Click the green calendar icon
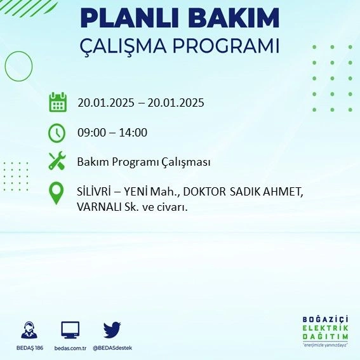[x=58, y=102]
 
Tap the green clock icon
[x=57, y=133]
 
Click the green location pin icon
[x=57, y=193]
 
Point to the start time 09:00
[x=91, y=133]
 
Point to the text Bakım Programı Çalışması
[x=143, y=162]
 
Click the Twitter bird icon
[x=112, y=330]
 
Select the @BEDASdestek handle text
[x=112, y=348]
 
